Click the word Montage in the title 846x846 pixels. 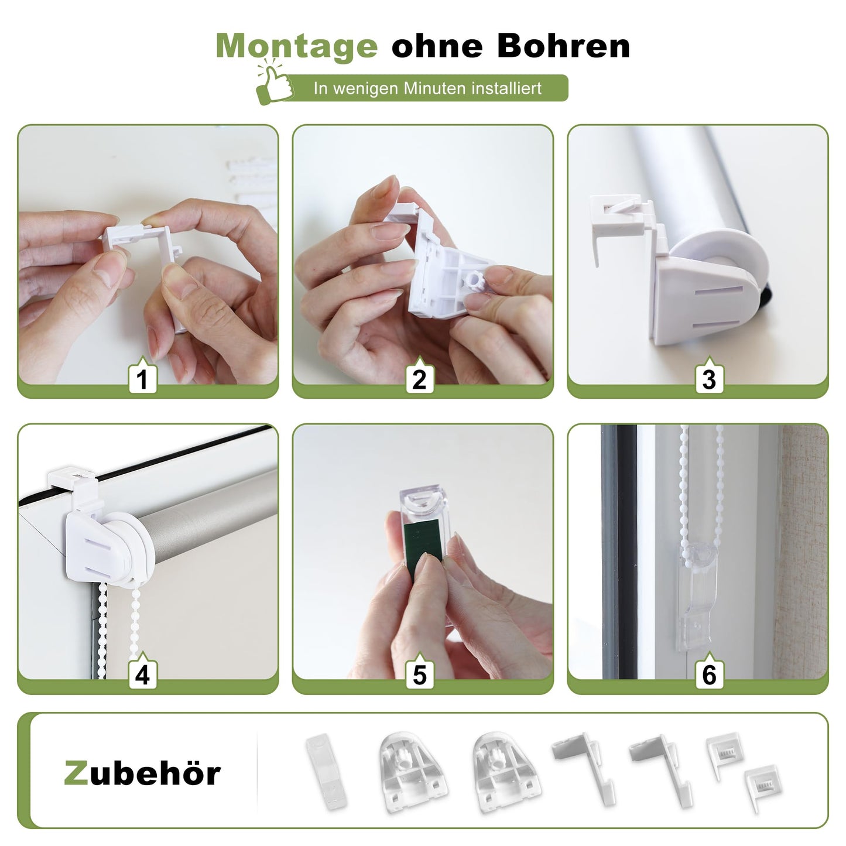tap(297, 46)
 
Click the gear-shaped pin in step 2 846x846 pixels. tap(477, 280)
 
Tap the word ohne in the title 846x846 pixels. tap(437, 46)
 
